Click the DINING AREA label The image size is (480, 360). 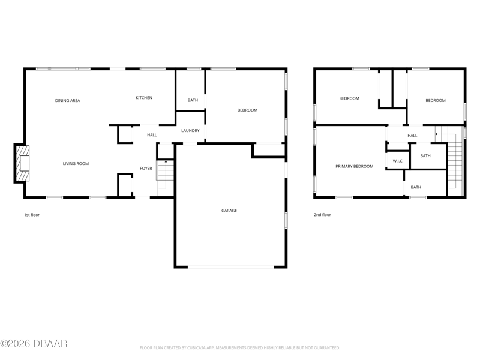pyautogui.click(x=67, y=100)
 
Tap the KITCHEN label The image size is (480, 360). pyautogui.click(x=144, y=98)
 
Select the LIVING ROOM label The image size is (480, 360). pyautogui.click(x=76, y=163)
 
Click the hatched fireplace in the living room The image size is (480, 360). pyautogui.click(x=23, y=163)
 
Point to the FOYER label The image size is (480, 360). pyautogui.click(x=146, y=169)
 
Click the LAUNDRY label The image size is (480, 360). pyautogui.click(x=190, y=130)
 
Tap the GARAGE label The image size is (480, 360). pyautogui.click(x=229, y=211)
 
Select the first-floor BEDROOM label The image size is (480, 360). pyautogui.click(x=247, y=110)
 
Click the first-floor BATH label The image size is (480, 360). pyautogui.click(x=193, y=100)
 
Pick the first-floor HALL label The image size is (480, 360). pyautogui.click(x=152, y=134)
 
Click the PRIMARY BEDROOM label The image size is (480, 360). pyautogui.click(x=354, y=167)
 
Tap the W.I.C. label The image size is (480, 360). pyautogui.click(x=398, y=161)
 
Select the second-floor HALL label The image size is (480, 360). pyautogui.click(x=412, y=136)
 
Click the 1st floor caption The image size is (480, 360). pyautogui.click(x=32, y=215)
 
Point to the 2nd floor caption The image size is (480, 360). pyautogui.click(x=322, y=215)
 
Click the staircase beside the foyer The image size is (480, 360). pyautogui.click(x=166, y=178)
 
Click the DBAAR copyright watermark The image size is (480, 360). pyautogui.click(x=34, y=343)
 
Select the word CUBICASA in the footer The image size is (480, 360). pyautogui.click(x=197, y=348)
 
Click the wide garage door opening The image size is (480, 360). pyautogui.click(x=231, y=267)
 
